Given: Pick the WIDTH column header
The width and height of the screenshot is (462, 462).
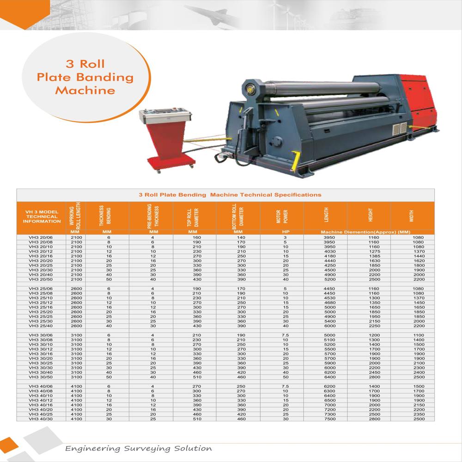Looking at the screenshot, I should click(411, 216).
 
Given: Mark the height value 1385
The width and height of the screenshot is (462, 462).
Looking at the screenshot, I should click(374, 256).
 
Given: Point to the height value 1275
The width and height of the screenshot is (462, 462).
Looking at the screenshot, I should click(374, 251).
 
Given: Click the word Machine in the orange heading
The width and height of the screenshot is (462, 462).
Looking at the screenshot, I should click(85, 90).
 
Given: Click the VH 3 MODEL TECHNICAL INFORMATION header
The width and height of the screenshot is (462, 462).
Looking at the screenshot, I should click(42, 216).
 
